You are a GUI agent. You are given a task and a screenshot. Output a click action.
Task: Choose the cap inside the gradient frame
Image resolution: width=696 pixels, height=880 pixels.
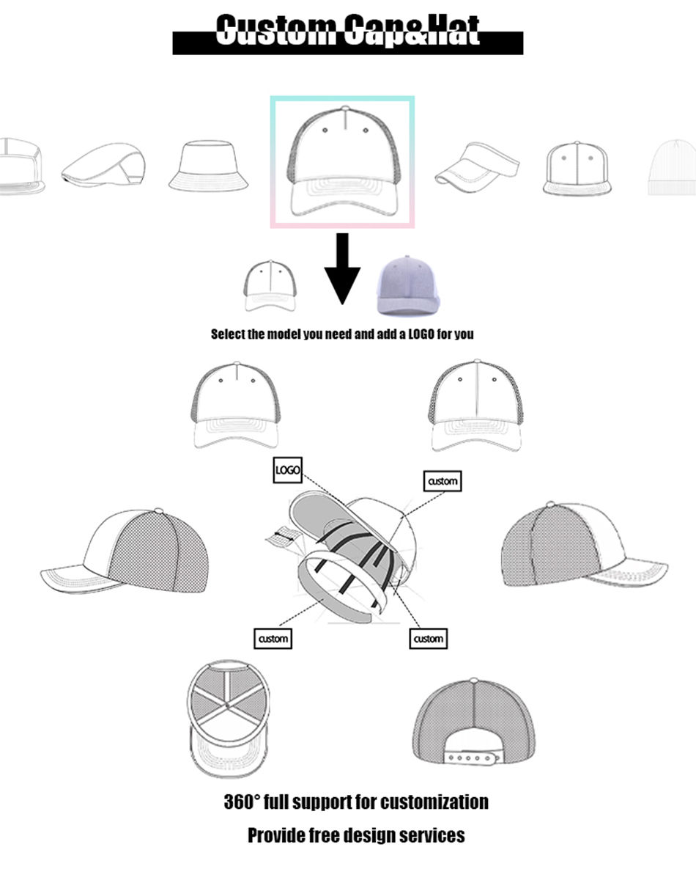[342, 161]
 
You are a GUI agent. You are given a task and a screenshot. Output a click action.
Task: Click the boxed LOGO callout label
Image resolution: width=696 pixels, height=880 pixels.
[287, 470]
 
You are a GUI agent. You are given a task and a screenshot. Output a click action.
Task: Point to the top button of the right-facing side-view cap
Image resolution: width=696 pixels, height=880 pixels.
[550, 505]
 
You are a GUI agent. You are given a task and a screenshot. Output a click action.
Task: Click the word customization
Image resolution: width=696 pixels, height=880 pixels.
[434, 802]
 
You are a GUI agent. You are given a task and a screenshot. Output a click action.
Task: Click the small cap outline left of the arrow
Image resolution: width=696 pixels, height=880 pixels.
[270, 285]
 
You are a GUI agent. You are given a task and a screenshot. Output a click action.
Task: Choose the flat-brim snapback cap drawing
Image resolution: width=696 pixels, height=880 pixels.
[577, 168]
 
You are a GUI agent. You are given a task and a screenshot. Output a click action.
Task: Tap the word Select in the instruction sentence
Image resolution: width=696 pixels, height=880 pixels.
[227, 334]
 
